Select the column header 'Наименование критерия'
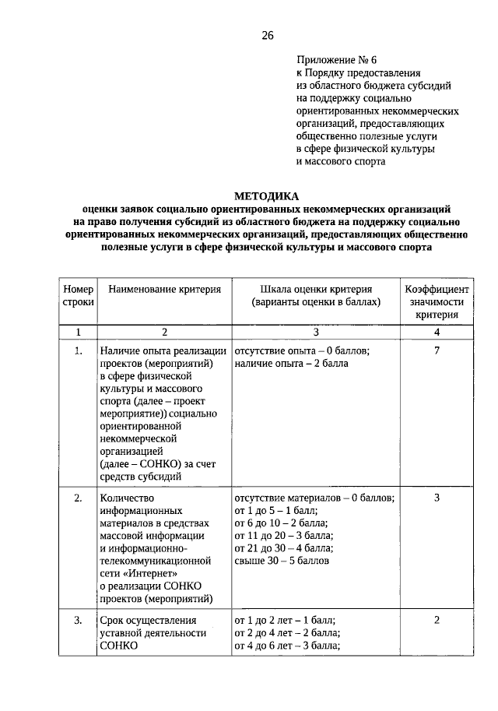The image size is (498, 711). click(164, 289)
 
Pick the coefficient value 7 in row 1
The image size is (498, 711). click(437, 350)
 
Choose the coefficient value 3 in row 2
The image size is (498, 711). click(437, 498)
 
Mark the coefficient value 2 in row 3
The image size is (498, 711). click(437, 620)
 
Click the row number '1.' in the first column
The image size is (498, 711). click(78, 350)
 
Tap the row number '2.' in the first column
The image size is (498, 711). click(78, 498)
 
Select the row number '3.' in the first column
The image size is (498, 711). click(78, 620)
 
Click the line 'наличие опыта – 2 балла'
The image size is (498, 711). click(291, 363)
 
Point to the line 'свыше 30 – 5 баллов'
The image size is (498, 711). click(281, 560)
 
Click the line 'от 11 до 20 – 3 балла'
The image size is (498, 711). click(283, 535)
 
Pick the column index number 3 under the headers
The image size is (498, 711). click(315, 333)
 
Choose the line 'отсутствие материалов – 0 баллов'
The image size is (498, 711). click(314, 498)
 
